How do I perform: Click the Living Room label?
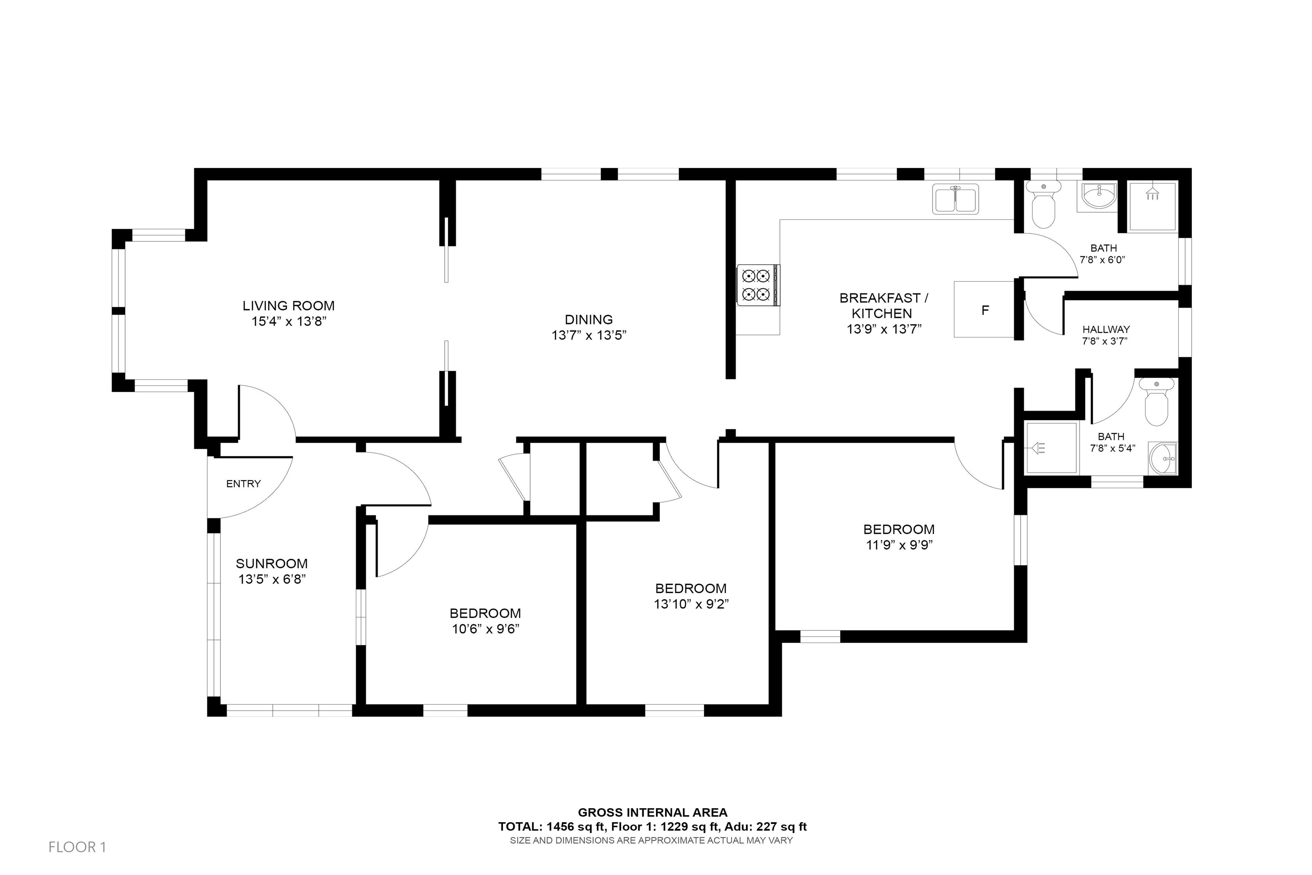coord(288,306)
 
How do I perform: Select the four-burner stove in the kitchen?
coord(758,285)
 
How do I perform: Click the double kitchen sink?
coord(956,199)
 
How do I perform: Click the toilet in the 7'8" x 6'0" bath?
coord(1043,205)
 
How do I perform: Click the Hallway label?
coord(1106,329)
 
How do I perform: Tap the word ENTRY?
coord(243,484)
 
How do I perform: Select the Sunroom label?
coord(272,564)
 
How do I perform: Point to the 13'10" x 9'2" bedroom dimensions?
coord(691,604)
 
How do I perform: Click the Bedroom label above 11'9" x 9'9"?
coord(899,529)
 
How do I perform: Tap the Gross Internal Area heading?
coord(652,813)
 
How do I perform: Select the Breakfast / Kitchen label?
coord(883,306)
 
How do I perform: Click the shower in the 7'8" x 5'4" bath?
coord(1051,448)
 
